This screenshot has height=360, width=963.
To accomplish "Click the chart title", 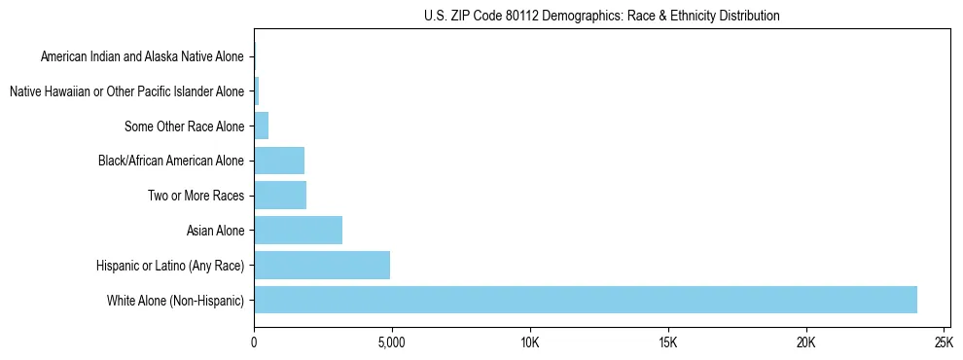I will point(602,16).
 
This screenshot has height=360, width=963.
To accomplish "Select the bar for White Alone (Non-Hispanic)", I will point(585,300).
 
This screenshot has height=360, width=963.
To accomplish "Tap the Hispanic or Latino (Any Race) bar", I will point(322,265).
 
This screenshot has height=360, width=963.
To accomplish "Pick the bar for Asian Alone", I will point(298,231).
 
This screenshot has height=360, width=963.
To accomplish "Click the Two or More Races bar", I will point(280,196).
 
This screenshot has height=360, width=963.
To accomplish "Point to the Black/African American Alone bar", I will point(279,161).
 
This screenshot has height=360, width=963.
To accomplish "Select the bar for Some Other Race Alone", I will point(261,126).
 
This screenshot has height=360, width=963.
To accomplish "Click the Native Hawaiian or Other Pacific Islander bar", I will point(256,91).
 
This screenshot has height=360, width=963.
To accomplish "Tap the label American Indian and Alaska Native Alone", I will point(142,57).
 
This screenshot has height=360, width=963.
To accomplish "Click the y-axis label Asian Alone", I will point(215,231).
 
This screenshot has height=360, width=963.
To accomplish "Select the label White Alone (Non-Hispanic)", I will point(175,301).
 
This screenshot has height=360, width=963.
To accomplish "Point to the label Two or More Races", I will point(196,197).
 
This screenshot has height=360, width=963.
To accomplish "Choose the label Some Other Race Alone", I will point(184,126).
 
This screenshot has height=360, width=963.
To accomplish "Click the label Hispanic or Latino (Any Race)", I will point(170,266).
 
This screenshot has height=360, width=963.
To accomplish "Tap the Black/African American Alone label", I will point(171,162).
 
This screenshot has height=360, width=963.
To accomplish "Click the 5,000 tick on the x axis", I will point(391,343).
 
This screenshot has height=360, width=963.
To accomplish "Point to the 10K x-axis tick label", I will point(529,343).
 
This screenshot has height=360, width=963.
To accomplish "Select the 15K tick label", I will point(667,343).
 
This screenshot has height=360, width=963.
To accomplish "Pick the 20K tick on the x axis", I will point(805,343).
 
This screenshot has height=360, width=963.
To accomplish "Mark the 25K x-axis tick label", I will point(943,343).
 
